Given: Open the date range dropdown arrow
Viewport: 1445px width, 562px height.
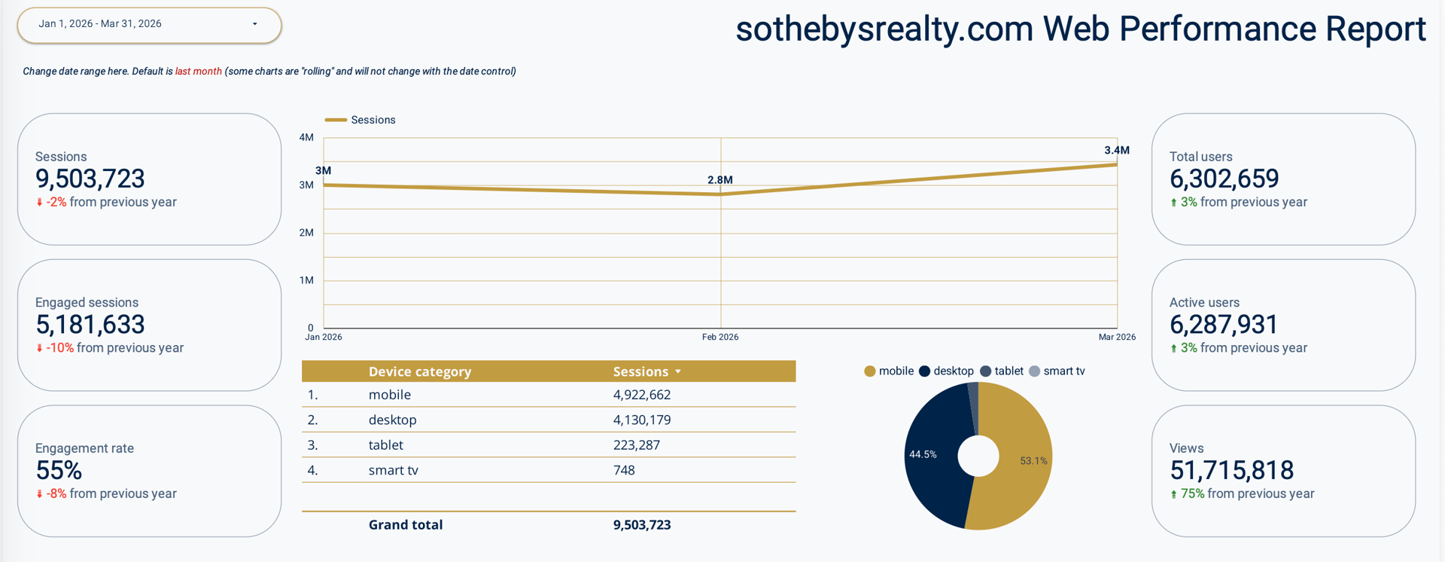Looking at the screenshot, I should click(255, 24).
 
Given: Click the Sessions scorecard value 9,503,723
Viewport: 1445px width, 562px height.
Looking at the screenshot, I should click(90, 179).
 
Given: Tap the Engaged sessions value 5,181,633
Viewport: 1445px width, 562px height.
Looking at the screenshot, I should click(90, 325).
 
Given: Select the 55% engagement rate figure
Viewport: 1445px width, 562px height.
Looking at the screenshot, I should click(59, 471).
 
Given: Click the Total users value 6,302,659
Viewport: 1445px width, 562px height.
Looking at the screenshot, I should click(1224, 179).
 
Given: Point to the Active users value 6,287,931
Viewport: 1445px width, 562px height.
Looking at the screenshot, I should click(1223, 325).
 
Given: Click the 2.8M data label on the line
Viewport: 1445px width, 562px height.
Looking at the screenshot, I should click(719, 180).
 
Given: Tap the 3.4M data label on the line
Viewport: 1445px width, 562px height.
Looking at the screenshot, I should click(1116, 151).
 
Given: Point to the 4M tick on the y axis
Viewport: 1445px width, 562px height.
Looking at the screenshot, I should click(306, 138).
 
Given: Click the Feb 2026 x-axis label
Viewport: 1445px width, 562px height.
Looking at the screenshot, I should click(719, 338).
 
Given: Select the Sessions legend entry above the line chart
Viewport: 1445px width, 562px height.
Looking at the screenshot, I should click(373, 120).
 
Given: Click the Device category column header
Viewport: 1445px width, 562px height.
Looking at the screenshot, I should click(419, 371).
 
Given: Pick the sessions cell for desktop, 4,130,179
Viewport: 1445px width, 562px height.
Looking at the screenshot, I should click(641, 420).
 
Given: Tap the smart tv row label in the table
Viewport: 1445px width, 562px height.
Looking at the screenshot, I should click(393, 470).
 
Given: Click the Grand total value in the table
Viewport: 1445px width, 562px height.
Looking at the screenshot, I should click(641, 525).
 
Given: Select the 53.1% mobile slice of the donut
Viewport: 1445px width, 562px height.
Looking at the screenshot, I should click(1024, 461).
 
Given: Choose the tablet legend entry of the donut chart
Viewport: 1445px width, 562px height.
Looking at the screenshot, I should click(1008, 371).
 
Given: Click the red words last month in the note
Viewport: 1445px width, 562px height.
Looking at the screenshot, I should click(198, 72).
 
